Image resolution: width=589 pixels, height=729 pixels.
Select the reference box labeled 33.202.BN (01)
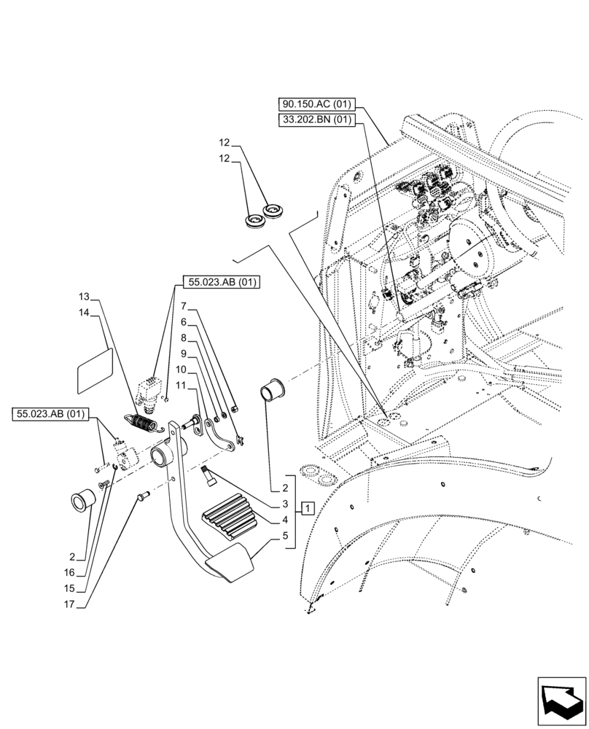(x=318, y=120)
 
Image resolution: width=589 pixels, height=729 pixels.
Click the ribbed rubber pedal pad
(x=229, y=518)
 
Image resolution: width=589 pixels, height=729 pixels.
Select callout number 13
(x=84, y=297)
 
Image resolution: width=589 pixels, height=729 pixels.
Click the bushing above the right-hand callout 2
(x=272, y=390)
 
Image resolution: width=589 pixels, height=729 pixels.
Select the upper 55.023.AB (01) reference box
(x=221, y=282)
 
